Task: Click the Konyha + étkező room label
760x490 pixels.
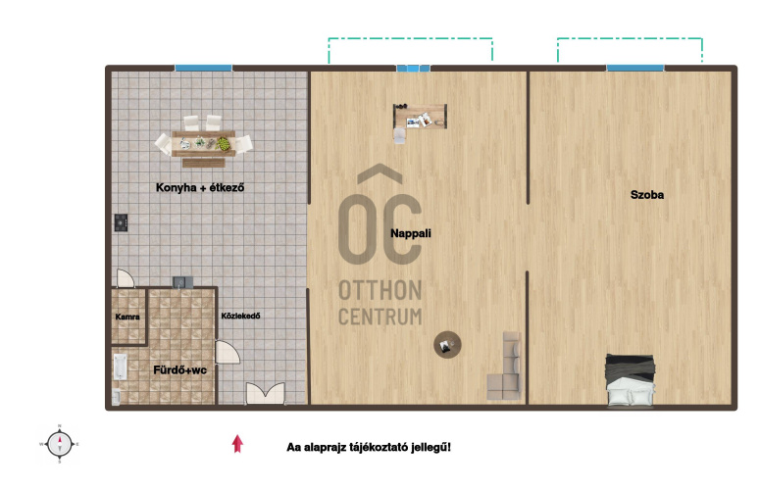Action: pos(200,187)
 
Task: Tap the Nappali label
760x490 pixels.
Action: pos(411,233)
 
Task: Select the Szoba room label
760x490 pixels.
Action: pos(647,195)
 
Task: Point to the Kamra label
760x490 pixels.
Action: pos(127,317)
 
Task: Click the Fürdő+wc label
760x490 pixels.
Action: pos(179,369)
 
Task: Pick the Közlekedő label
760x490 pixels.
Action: pos(240,316)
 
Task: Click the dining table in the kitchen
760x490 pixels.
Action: pos(204,143)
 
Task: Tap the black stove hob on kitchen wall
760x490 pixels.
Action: pos(121,222)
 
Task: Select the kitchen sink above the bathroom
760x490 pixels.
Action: pos(182,282)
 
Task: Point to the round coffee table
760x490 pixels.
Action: pos(447,345)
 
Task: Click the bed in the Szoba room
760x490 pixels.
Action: pos(631,380)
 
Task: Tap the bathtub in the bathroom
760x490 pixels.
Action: pos(120,367)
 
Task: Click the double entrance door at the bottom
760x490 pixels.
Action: pos(265,393)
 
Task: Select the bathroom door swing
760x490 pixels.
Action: pos(227,352)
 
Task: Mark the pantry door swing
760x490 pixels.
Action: pos(126,278)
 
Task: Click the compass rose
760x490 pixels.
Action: pos(60,444)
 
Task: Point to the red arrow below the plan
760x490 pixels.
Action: pos(237,444)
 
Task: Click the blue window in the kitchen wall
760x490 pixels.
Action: pos(204,69)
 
